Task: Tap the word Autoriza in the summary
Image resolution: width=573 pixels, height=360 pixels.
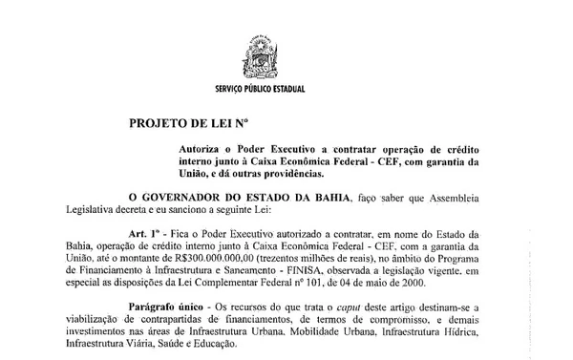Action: pyautogui.click(x=202, y=150)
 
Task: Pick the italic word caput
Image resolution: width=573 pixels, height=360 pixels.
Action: pyautogui.click(x=331, y=306)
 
